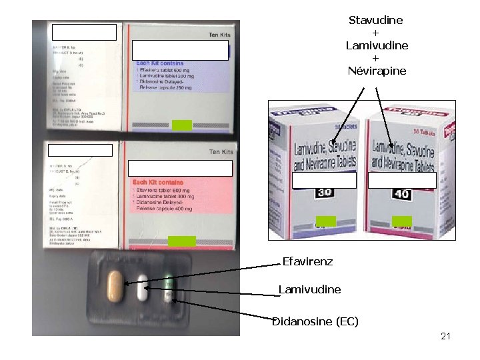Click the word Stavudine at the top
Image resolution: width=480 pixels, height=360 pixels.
(x=376, y=20)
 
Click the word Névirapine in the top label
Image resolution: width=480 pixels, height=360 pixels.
(x=377, y=71)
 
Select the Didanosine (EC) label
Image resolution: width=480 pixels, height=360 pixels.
(x=315, y=322)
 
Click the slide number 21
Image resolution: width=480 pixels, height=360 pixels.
(x=445, y=337)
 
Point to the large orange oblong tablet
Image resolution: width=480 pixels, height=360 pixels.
(x=116, y=287)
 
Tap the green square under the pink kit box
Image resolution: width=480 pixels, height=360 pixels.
(x=181, y=241)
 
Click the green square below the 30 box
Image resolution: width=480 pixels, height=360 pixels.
(x=326, y=221)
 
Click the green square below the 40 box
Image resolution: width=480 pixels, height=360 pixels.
(x=402, y=221)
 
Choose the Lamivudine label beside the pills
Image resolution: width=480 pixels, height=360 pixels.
(x=310, y=290)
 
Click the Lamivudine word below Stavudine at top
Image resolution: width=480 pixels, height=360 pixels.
(x=377, y=45)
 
